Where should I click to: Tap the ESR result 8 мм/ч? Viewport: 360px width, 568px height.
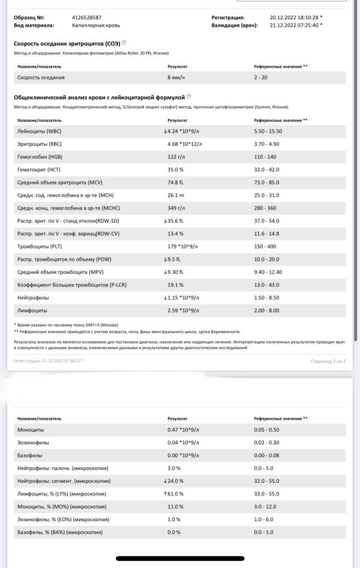point(176,77)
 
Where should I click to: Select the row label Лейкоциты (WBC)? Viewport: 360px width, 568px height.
point(40,131)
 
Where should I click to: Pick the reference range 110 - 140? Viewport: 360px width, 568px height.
point(265,157)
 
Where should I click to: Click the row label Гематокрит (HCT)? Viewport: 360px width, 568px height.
point(39,170)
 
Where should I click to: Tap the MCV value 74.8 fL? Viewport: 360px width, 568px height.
point(176,183)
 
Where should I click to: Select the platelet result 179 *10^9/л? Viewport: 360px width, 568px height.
point(182,246)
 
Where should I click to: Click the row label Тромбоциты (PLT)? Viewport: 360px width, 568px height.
point(41,246)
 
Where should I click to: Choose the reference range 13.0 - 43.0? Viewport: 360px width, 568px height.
point(266,285)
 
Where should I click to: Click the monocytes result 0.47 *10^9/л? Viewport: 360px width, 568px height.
point(183,430)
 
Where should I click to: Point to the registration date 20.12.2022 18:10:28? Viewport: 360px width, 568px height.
point(294,17)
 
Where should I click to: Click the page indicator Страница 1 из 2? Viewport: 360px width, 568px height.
point(328,361)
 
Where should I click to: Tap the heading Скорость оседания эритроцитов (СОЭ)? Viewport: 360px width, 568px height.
point(67,43)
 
